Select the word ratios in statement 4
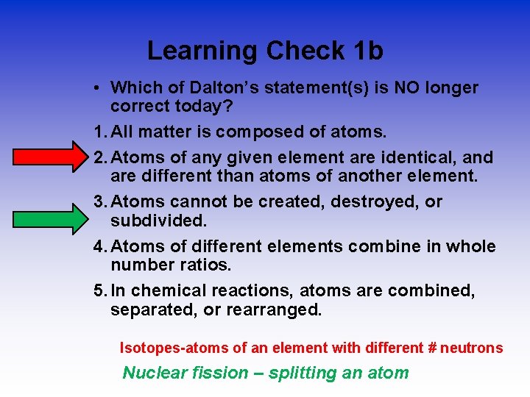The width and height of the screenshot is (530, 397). pyautogui.click(x=210, y=265)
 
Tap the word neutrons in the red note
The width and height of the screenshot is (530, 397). pyautogui.click(x=476, y=348)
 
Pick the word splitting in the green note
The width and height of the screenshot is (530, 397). pyautogui.click(x=302, y=373)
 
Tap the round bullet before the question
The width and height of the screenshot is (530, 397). pyautogui.click(x=97, y=88)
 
